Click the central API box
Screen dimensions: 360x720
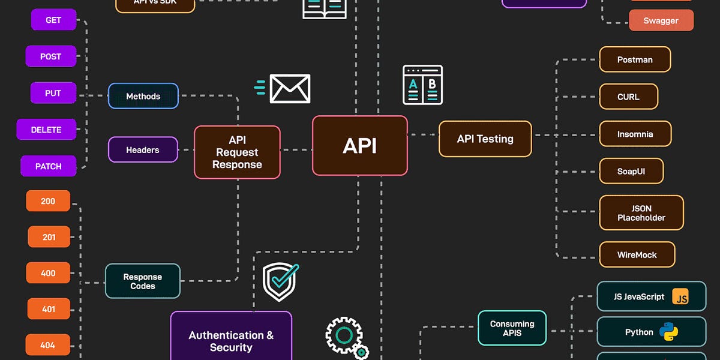click(x=359, y=146)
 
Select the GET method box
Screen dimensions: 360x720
click(x=53, y=20)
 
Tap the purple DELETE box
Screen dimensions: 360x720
click(x=46, y=130)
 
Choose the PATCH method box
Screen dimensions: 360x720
click(x=48, y=166)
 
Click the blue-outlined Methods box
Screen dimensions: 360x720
click(x=143, y=96)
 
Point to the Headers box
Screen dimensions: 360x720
click(x=143, y=150)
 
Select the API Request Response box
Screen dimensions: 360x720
click(x=237, y=152)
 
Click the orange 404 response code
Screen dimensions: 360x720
click(x=47, y=345)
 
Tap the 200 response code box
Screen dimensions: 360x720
click(x=48, y=201)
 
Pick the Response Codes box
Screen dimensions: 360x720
click(x=142, y=281)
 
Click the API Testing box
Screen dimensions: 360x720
click(x=485, y=139)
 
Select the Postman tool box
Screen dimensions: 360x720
click(x=635, y=59)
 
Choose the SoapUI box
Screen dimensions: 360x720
click(x=631, y=171)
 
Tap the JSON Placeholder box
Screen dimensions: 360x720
click(x=641, y=213)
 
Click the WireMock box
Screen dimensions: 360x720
click(x=637, y=254)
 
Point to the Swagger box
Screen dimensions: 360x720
click(x=661, y=20)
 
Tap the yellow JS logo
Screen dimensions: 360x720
click(x=680, y=297)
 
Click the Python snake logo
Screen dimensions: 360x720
click(x=668, y=332)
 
